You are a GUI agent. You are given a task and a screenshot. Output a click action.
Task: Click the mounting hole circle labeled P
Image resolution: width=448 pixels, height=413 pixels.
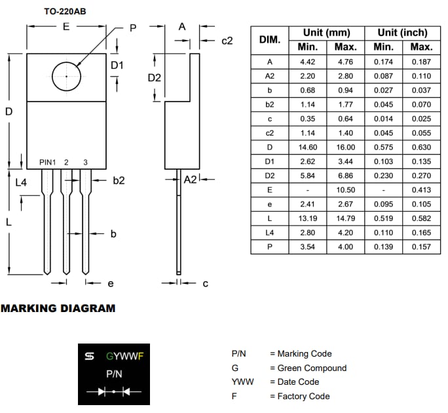tap(66, 77)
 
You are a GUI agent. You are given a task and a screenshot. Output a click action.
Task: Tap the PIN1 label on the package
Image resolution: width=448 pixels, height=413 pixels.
tap(48, 163)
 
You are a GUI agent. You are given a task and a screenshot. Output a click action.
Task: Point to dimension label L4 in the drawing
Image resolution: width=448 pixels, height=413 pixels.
tap(22, 183)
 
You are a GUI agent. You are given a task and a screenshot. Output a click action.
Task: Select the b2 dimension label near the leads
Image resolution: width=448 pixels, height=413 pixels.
tap(118, 180)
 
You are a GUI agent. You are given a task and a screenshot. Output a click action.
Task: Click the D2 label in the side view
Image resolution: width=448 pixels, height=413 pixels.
tap(155, 77)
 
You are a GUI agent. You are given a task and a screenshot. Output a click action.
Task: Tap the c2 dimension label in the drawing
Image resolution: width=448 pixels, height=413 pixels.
tap(227, 41)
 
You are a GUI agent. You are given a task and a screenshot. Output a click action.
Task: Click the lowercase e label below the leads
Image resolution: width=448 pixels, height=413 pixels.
tap(110, 283)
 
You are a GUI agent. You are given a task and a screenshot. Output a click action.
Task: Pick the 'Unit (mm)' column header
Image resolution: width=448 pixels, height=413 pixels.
tap(326, 33)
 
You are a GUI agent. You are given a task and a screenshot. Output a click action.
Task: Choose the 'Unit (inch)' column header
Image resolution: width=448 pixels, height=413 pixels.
tap(402, 33)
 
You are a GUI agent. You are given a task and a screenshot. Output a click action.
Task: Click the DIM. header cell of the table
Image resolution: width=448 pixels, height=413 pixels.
tap(270, 39)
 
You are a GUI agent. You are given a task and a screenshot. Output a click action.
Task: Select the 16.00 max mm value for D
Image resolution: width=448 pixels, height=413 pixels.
tap(345, 147)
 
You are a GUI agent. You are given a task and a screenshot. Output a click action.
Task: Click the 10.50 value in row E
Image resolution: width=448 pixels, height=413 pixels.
tap(345, 190)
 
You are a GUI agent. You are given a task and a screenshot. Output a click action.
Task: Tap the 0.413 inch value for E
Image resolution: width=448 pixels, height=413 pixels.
tap(421, 190)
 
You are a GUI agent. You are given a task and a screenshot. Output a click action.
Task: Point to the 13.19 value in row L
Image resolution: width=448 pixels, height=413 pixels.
tap(307, 218)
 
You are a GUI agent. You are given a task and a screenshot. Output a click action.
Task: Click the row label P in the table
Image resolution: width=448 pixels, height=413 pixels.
tap(270, 247)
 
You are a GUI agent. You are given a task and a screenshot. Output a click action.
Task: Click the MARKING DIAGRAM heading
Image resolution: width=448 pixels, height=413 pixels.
tap(58, 308)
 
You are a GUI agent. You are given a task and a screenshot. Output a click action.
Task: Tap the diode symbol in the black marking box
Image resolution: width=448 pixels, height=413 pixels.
tap(113, 391)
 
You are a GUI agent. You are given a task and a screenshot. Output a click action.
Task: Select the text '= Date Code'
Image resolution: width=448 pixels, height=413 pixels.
tap(295, 382)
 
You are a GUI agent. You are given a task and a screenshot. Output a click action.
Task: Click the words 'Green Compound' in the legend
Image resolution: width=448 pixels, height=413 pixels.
tap(312, 368)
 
